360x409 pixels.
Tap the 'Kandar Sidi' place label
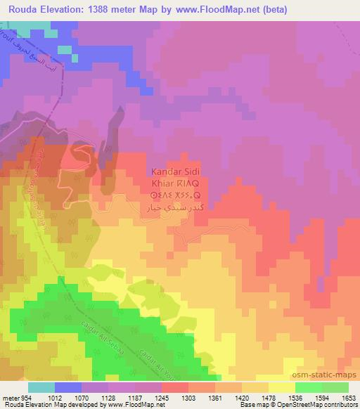click(176, 171)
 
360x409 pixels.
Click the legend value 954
click(22, 397)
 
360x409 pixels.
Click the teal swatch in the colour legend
click(41, 387)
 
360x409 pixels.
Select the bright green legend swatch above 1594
click(308, 387)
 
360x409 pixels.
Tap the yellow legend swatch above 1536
click(282, 387)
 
